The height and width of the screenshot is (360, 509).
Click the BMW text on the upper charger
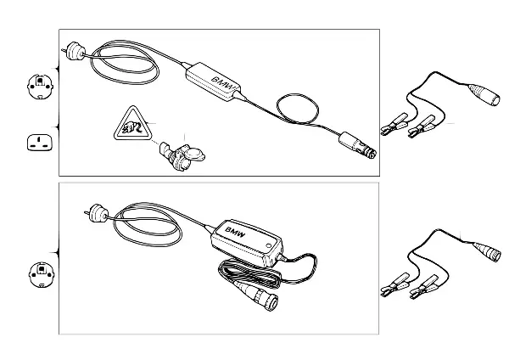tap(223, 83)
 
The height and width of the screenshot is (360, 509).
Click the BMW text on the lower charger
tap(235, 233)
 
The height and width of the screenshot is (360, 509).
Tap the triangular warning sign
tap(131, 124)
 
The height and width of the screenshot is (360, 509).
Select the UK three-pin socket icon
tap(39, 143)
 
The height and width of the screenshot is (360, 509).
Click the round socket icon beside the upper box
tap(40, 87)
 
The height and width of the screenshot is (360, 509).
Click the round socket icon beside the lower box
tap(42, 275)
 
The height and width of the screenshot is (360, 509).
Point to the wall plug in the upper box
tap(74, 51)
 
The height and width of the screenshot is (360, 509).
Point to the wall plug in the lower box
tap(96, 213)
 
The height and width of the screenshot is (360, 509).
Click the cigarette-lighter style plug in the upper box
tap(357, 145)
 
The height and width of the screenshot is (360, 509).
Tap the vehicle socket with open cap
tap(182, 156)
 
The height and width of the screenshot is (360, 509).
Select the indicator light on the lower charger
tap(268, 246)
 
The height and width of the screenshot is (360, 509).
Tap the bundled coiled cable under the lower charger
tap(249, 275)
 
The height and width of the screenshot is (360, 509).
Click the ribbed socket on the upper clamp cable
tap(484, 94)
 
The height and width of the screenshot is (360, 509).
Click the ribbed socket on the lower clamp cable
tap(487, 251)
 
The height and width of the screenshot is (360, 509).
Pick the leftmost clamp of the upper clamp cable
tap(394, 124)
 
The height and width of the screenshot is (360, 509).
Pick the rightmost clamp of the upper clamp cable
tap(422, 126)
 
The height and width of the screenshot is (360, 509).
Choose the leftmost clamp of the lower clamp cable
tap(395, 284)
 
